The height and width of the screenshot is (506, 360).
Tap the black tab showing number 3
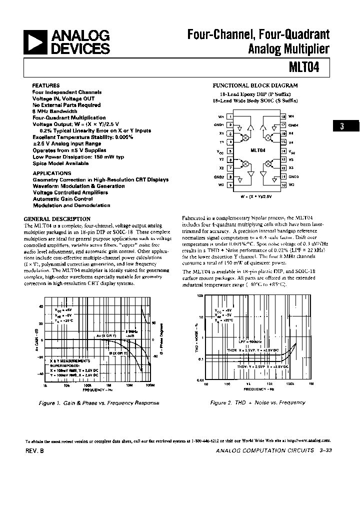[342, 126]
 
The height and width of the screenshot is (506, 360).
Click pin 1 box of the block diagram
[230, 116]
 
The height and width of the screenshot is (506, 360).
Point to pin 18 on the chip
[283, 116]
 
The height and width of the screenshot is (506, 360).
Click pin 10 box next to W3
[283, 185]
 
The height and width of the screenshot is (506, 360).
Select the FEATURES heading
[46, 85]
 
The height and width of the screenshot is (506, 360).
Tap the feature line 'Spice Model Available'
[60, 163]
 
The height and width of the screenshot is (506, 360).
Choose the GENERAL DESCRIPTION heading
[57, 218]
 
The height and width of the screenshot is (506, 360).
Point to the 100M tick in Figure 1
[149, 385]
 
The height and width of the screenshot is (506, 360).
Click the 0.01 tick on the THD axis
[199, 380]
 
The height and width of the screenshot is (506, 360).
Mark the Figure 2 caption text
[257, 402]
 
